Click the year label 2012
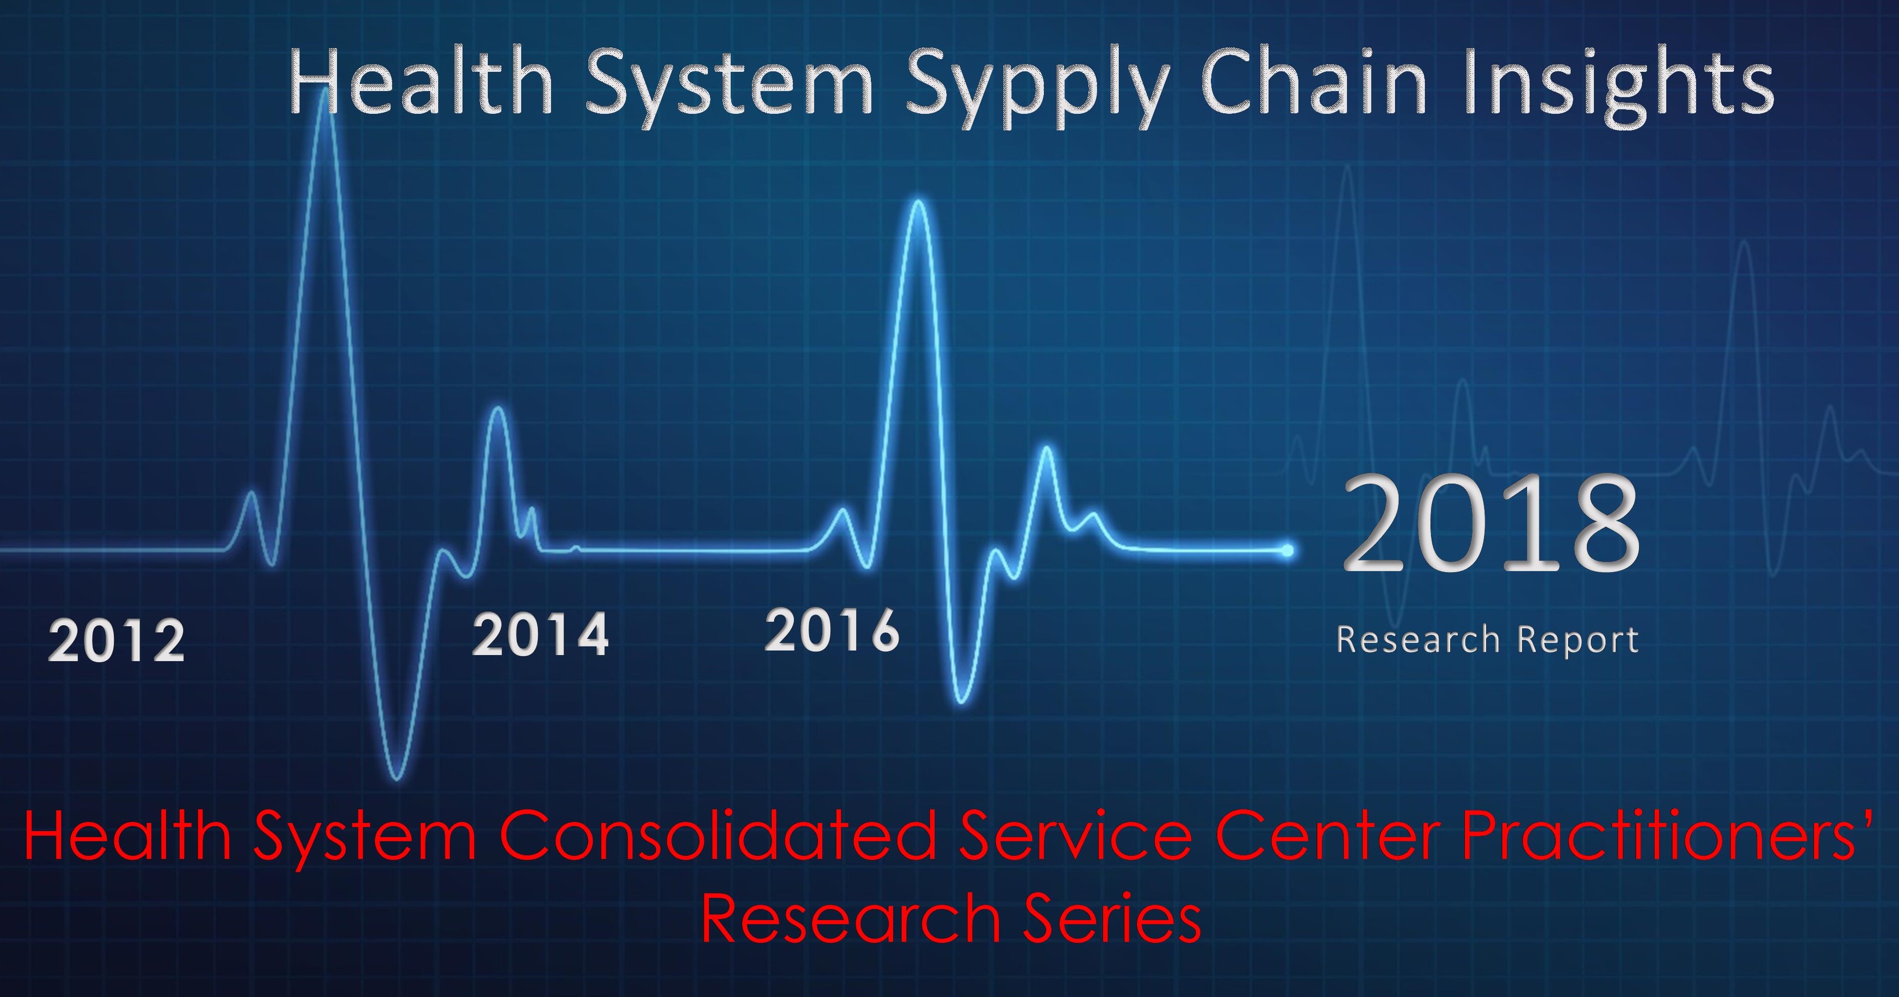[116, 641]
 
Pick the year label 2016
[832, 630]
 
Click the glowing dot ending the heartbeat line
[1287, 550]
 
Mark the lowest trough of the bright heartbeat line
[397, 777]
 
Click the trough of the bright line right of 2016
[960, 701]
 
